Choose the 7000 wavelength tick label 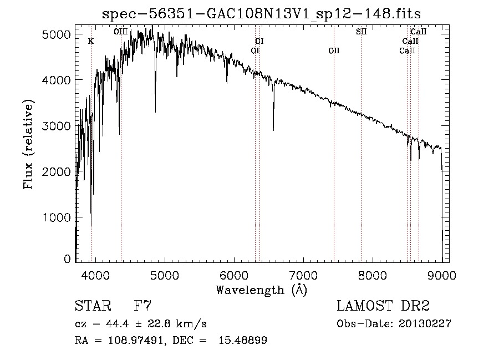pos(304,275)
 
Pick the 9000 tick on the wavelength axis pos(442,275)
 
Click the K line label pos(91,42)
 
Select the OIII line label pos(121,32)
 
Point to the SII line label pos(361,32)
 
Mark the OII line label pos(334,51)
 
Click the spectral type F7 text pos(143,306)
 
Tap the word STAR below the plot pos(89,306)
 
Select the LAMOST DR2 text pos(383,306)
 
